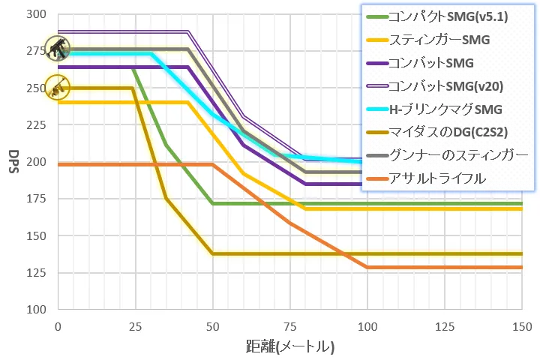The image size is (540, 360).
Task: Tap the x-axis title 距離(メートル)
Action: tap(289, 346)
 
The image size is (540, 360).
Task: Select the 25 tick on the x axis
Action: tap(135, 326)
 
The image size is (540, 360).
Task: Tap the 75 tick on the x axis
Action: tap(289, 326)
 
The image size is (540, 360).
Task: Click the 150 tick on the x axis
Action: tap(521, 326)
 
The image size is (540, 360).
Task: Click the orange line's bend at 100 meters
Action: tap(367, 267)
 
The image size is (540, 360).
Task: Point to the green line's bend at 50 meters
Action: tap(212, 203)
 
